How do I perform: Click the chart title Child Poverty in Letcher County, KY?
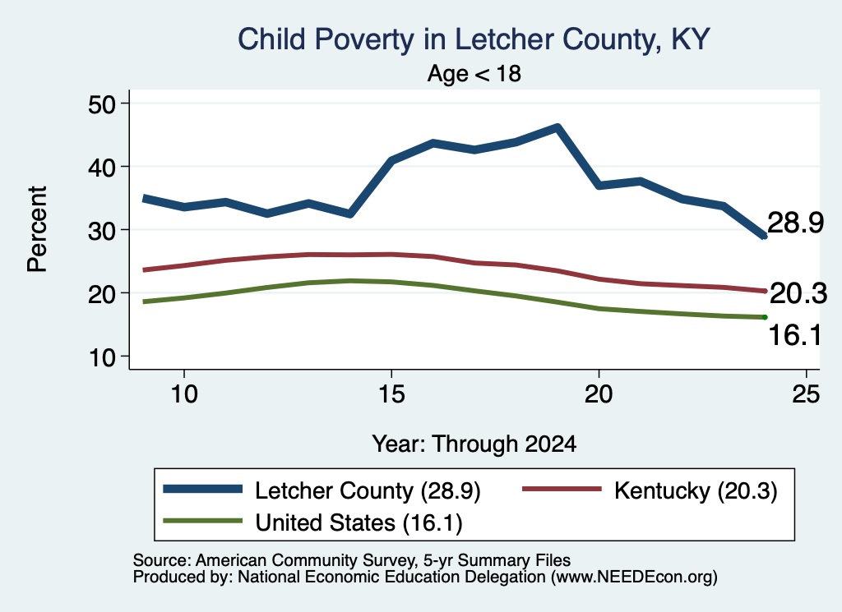474,39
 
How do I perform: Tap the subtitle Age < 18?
474,73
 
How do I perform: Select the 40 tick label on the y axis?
102,167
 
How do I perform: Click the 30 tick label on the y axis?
102,230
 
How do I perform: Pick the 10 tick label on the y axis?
102,357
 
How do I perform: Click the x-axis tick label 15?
391,394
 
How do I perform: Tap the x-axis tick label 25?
806,394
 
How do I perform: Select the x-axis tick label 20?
599,394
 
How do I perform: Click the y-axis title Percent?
37,229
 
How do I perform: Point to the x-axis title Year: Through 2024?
474,444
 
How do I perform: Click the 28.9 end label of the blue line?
795,222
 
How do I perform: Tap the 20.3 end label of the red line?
798,293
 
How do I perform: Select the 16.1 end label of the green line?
795,335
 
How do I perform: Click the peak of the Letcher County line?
557,127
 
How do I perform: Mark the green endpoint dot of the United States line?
765,317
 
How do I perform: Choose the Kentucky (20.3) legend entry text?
696,490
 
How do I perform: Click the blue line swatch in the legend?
203,489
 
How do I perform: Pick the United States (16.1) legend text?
359,523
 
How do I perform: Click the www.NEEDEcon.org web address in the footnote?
634,577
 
